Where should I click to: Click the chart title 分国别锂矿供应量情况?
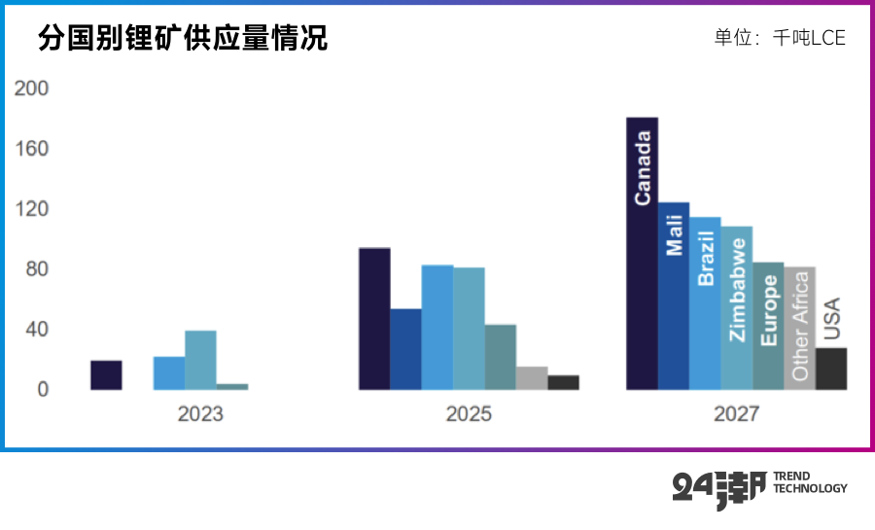coord(183,38)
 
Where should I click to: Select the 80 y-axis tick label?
coord(36,269)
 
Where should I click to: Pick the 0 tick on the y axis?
coord(42,390)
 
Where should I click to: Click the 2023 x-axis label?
coord(200,414)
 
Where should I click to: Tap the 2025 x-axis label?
coord(469,414)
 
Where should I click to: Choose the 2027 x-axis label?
coord(736,414)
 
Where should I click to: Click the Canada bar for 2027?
coord(642,254)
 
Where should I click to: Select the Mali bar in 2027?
coord(673,297)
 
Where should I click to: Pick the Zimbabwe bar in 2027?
coord(736,308)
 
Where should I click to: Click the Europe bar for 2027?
coord(768,326)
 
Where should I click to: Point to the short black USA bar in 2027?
coord(831,369)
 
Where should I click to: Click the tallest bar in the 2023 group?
coord(200,360)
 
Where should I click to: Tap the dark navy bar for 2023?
coord(106,375)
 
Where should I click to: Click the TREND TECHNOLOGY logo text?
coord(809,482)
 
